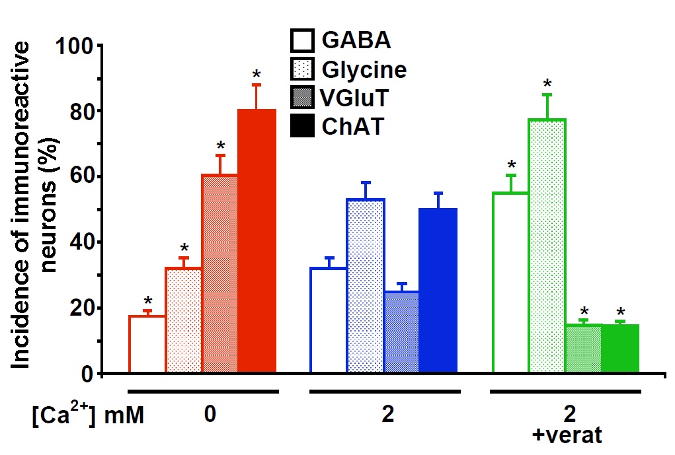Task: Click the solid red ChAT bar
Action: (x=257, y=241)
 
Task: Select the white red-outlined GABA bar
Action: (x=147, y=345)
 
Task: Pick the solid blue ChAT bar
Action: (x=438, y=291)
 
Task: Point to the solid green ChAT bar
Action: (x=620, y=349)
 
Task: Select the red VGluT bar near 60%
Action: (x=220, y=274)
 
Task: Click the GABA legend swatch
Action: (x=302, y=41)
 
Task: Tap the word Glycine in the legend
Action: (x=364, y=69)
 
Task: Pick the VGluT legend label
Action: (x=354, y=98)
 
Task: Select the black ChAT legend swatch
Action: (x=302, y=125)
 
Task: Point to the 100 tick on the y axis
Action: (x=77, y=46)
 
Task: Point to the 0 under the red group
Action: (x=210, y=415)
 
